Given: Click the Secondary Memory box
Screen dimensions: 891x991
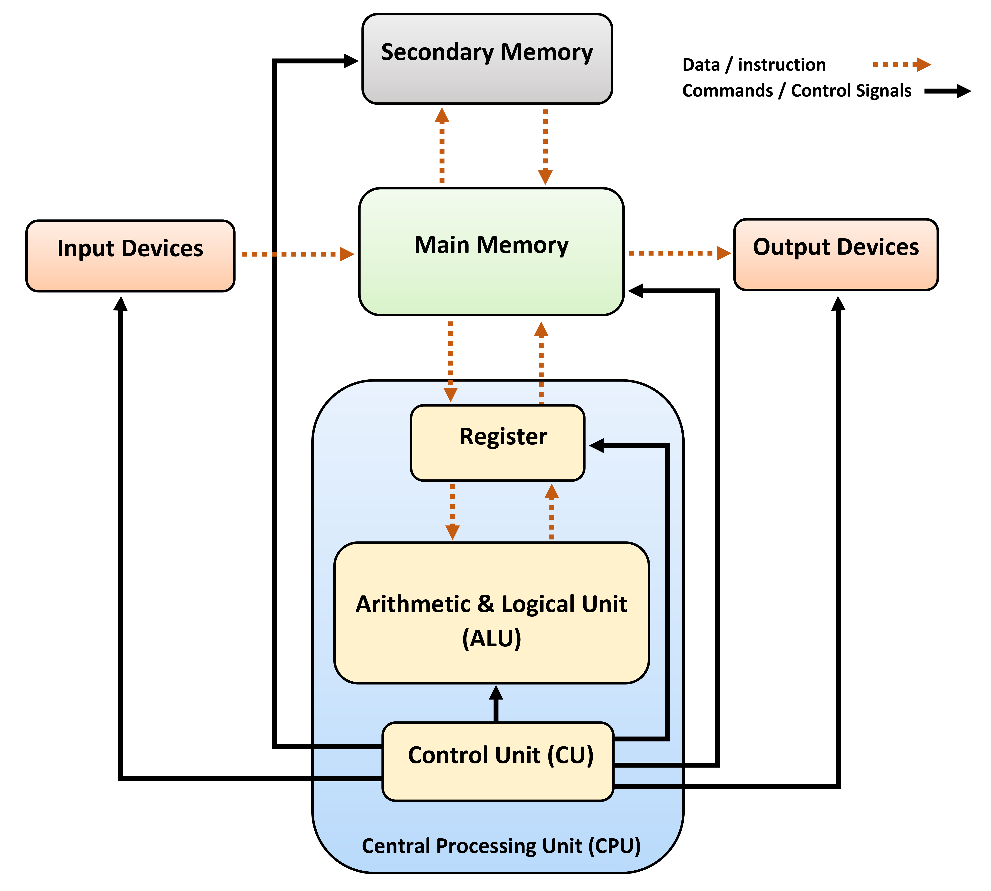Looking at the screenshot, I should [487, 59].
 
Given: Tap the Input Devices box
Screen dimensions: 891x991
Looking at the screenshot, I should [130, 256].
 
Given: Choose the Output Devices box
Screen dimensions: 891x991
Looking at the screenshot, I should [835, 254].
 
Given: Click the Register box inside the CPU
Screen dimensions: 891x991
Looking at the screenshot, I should [497, 443].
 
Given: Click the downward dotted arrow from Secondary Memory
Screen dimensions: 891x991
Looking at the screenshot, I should [545, 147].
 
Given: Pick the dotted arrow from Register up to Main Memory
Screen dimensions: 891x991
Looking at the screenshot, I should [541, 362].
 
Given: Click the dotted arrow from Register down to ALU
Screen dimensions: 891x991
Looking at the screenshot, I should [453, 512].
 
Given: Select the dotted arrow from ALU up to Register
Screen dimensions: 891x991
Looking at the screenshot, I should [552, 512].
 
